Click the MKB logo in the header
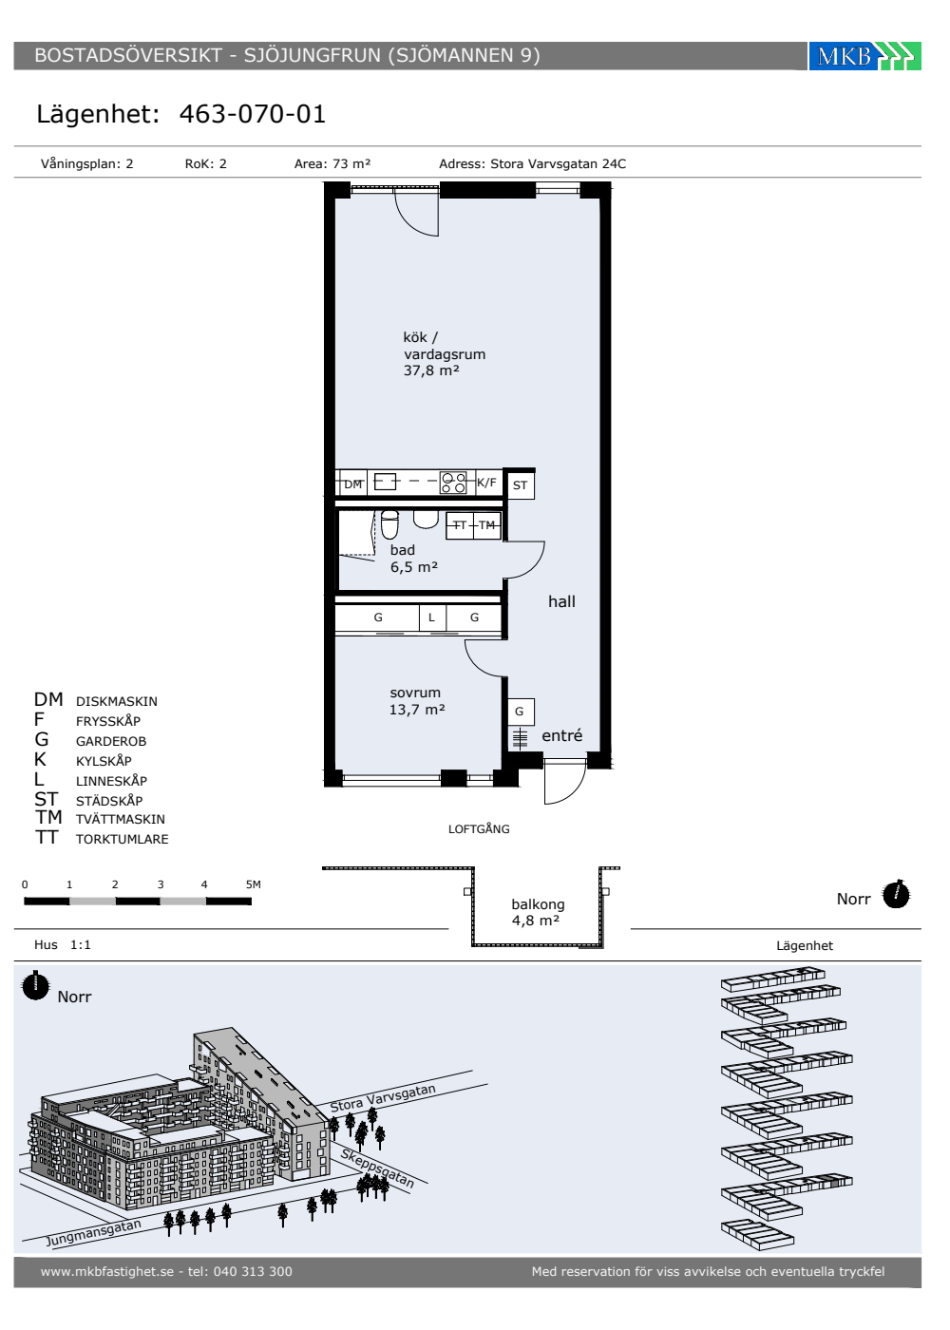tap(864, 56)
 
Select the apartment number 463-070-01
tap(253, 114)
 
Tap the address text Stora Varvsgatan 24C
tap(559, 163)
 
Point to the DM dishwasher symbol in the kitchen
tap(352, 484)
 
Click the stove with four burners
tap(453, 483)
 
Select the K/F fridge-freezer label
tap(486, 483)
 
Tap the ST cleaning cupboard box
tap(521, 485)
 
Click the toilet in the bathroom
tap(389, 523)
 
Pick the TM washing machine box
tap(486, 525)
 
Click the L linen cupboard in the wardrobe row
tap(432, 618)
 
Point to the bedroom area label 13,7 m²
tap(417, 710)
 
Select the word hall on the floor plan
tap(561, 602)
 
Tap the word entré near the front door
tap(561, 735)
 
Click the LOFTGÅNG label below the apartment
tap(479, 828)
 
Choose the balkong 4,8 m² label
tap(538, 913)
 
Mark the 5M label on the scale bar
tap(254, 884)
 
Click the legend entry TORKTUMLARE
tap(123, 839)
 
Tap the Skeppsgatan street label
tap(377, 1168)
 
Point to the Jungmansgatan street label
tap(94, 1232)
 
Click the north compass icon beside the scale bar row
tap(896, 895)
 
